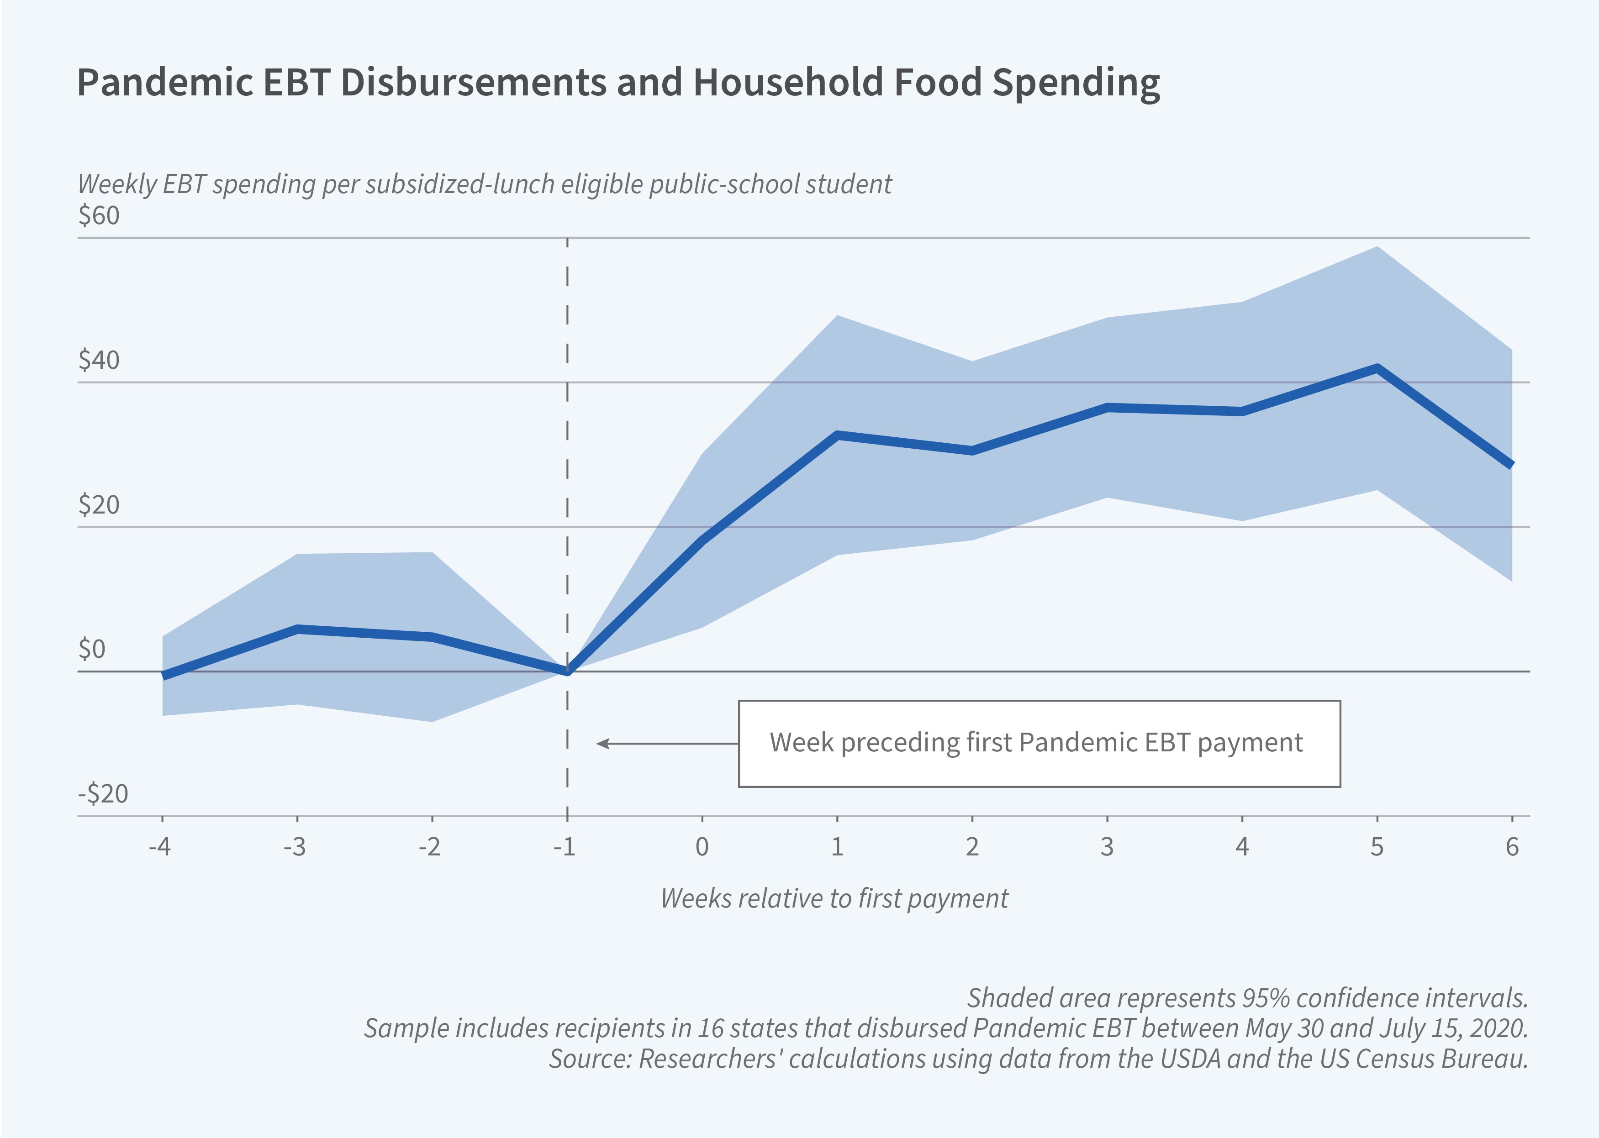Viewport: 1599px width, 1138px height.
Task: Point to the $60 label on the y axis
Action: click(99, 215)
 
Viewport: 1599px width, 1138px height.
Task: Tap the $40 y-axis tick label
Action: click(99, 360)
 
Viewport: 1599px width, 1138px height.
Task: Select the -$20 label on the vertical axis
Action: click(103, 794)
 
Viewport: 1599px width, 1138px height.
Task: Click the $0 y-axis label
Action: click(92, 650)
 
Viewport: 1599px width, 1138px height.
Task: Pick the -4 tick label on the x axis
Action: click(160, 847)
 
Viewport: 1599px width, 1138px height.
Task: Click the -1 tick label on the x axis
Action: click(565, 847)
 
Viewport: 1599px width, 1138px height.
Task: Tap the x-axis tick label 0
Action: click(702, 847)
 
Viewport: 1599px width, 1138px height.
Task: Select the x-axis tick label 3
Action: click(1107, 847)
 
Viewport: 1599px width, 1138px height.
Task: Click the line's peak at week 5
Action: click(1377, 368)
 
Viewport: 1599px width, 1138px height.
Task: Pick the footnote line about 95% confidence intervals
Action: click(1247, 998)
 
